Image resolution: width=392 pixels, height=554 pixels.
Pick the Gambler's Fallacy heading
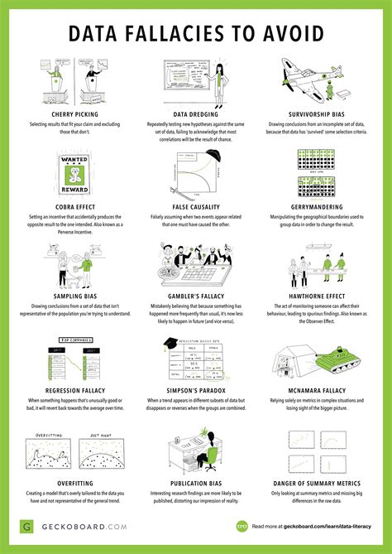click(x=196, y=294)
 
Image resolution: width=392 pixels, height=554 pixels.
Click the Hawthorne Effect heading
click(x=319, y=294)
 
